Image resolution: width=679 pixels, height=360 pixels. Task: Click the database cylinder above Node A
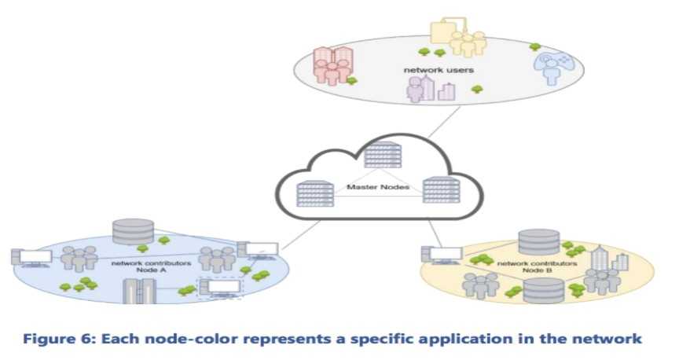tap(133, 232)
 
